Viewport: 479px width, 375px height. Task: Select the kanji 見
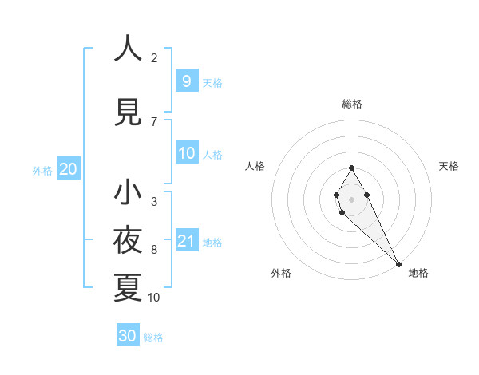click(x=128, y=112)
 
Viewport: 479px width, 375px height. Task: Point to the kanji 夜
click(x=128, y=240)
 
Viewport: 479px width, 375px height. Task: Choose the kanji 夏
click(x=128, y=288)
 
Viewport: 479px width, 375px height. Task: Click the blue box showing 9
click(x=186, y=81)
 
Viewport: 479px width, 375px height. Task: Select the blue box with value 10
click(x=186, y=153)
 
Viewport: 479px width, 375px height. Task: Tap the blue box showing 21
click(x=186, y=241)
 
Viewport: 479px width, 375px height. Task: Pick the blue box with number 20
click(x=68, y=169)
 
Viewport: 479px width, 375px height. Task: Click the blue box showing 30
click(x=128, y=336)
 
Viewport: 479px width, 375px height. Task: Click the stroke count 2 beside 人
click(x=154, y=58)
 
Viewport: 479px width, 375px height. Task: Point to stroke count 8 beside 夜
click(x=154, y=250)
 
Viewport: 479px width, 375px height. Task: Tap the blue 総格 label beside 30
click(x=153, y=337)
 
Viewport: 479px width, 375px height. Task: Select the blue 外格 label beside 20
click(x=42, y=170)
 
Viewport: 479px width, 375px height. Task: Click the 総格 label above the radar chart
click(x=351, y=104)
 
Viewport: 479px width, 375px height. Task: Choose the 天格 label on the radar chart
click(x=449, y=166)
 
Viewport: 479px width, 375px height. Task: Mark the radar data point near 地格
click(x=398, y=263)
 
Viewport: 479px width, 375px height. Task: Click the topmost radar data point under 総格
click(x=351, y=168)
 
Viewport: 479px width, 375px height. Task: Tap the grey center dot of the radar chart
click(x=351, y=198)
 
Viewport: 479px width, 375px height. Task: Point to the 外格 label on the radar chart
click(x=281, y=273)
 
